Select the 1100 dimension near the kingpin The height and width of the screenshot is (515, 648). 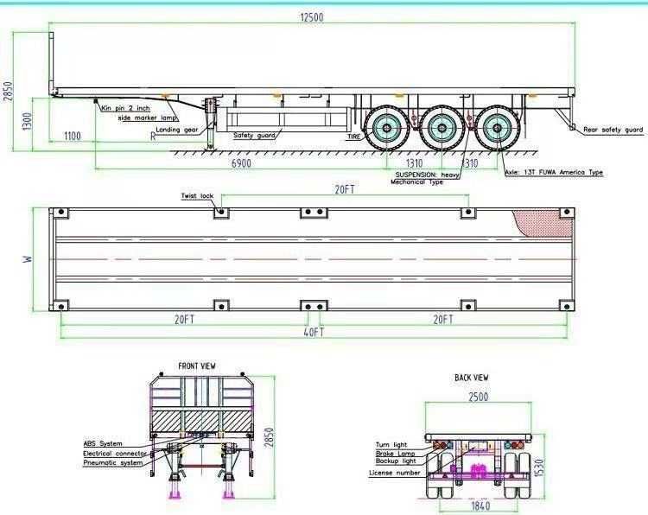point(72,136)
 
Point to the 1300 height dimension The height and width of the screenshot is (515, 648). point(29,121)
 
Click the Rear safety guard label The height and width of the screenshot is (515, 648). point(613,130)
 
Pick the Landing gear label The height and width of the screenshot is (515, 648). point(178,130)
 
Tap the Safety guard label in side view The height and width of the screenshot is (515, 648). point(254,136)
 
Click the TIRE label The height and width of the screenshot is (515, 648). point(353,137)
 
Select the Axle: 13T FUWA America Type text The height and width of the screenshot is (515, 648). point(554,173)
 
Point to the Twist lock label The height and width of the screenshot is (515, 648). point(197,196)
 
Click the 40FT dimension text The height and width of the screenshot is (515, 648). point(313,332)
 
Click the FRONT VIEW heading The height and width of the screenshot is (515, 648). point(196,366)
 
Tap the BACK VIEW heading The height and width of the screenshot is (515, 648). point(472,378)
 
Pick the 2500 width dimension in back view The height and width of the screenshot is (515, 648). point(478,397)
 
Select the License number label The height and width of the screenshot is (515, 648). point(395,473)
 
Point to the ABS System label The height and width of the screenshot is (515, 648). point(103,443)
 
